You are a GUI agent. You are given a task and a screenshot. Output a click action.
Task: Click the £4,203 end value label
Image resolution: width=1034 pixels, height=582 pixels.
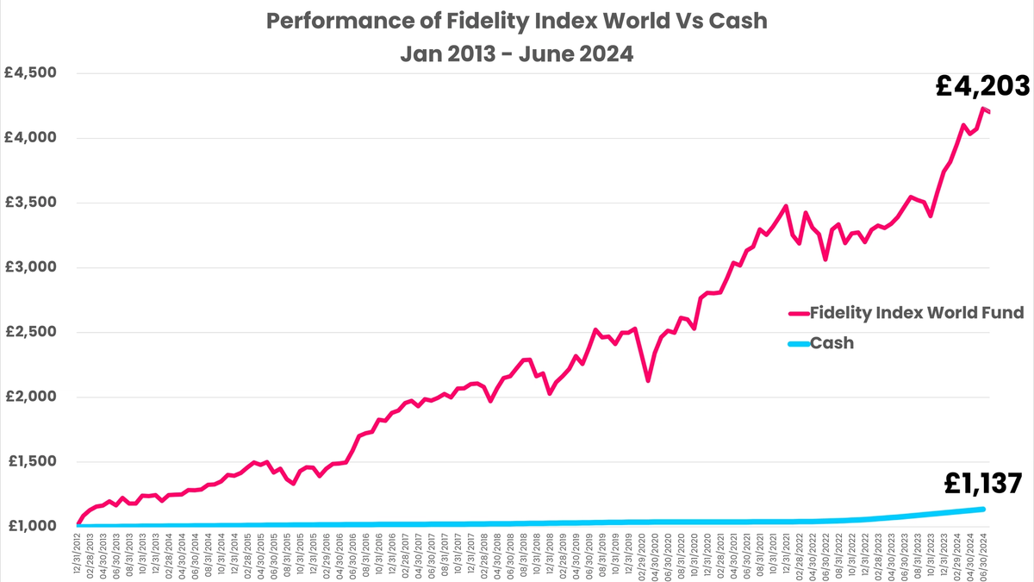[982, 86]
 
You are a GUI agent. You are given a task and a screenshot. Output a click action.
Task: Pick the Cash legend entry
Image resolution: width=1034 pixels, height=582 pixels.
[833, 343]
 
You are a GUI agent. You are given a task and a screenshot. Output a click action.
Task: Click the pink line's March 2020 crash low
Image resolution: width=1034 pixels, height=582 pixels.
[648, 380]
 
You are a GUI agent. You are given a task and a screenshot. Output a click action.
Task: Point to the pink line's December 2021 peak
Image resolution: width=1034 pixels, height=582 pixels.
[785, 206]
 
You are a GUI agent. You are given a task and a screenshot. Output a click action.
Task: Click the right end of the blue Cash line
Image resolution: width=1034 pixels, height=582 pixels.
[983, 509]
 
